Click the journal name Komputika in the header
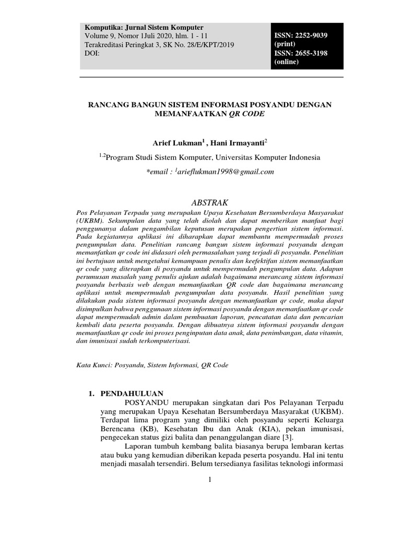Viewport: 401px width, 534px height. [x=102, y=27]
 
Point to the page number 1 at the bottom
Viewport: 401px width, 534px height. [x=209, y=479]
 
